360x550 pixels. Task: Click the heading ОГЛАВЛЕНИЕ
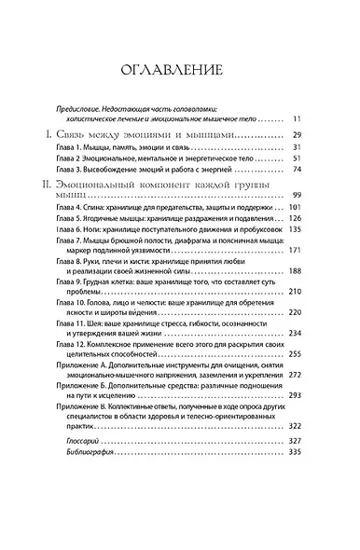coord(179,69)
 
